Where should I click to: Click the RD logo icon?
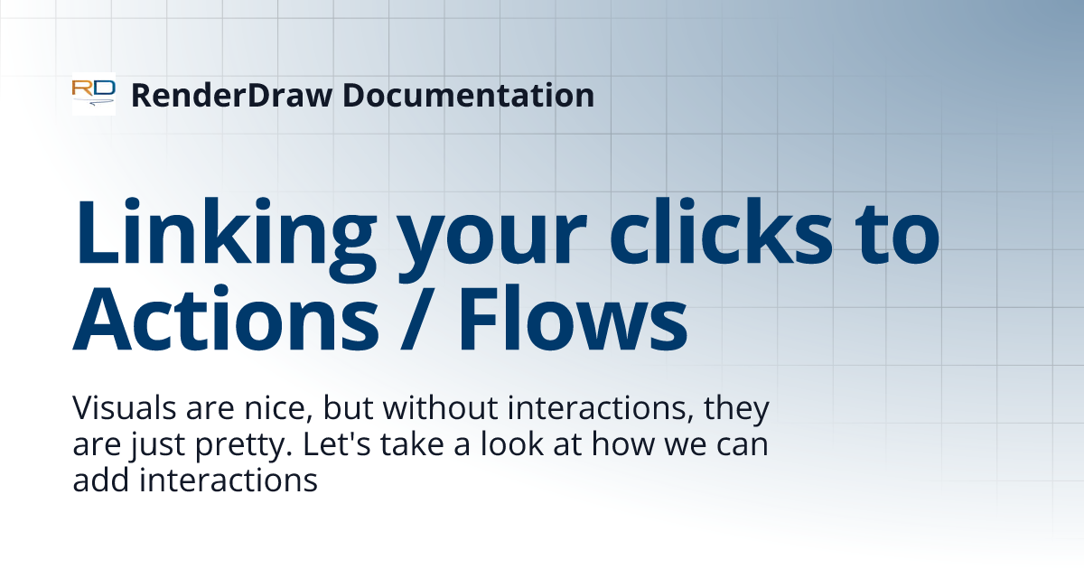[x=94, y=94]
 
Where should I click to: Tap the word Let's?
[x=338, y=445]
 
